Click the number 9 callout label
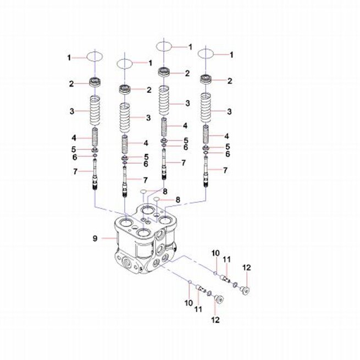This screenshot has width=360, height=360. pyautogui.click(x=95, y=239)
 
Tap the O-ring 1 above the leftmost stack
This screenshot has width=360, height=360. pyautogui.click(x=95, y=56)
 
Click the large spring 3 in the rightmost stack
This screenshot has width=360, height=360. pyautogui.click(x=207, y=108)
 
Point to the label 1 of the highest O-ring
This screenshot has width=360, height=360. pyautogui.click(x=190, y=47)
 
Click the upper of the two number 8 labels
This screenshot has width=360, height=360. pyautogui.click(x=165, y=191)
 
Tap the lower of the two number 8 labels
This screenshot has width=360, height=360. pyautogui.click(x=178, y=200)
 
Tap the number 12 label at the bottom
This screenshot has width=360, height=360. pyautogui.click(x=215, y=320)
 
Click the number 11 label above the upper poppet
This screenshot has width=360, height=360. pyautogui.click(x=226, y=259)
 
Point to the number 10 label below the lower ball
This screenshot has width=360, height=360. pyautogui.click(x=189, y=303)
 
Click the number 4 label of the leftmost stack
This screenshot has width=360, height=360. pyautogui.click(x=74, y=138)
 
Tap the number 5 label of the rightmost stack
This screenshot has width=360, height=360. pyautogui.click(x=228, y=147)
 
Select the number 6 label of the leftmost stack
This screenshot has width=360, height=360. pyautogui.click(x=75, y=157)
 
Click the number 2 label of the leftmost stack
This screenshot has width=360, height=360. pyautogui.click(x=71, y=84)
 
